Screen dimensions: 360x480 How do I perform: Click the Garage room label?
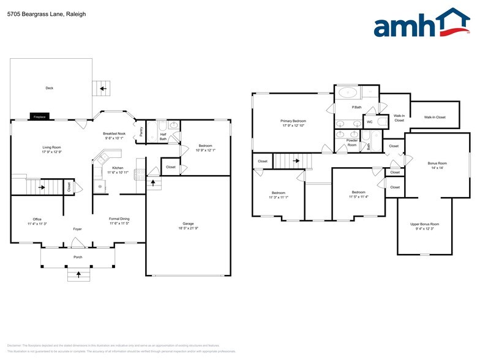(188, 223)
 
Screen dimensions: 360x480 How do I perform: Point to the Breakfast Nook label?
(114, 133)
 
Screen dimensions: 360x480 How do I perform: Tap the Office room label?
(37, 219)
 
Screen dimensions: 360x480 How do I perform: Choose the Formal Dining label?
(119, 219)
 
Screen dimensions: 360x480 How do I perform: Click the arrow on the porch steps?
(78, 275)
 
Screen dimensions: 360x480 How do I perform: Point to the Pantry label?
(141, 131)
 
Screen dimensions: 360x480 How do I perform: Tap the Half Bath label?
(163, 137)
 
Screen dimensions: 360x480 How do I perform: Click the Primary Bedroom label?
(294, 121)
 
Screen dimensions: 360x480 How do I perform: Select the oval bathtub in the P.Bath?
(348, 93)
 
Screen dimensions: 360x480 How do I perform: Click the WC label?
(370, 122)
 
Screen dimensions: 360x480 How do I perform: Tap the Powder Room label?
(352, 142)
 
